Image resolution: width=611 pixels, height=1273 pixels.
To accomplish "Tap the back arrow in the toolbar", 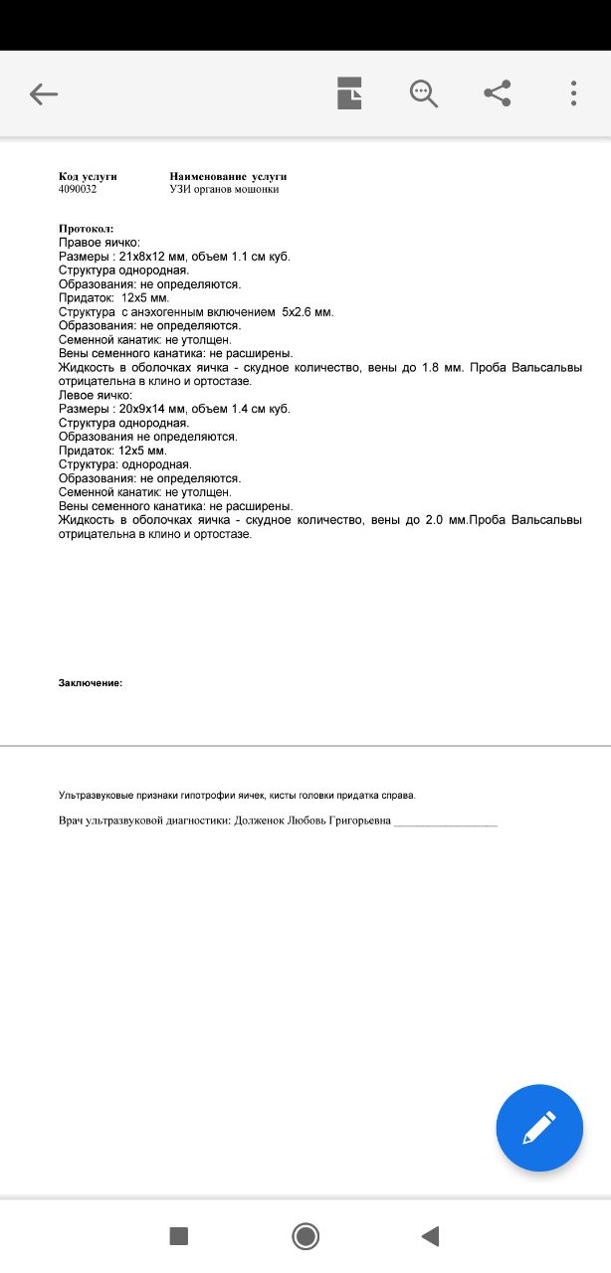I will click(44, 94).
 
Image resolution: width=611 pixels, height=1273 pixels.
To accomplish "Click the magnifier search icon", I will click(424, 93).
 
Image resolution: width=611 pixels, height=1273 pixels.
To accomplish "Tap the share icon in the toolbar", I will click(498, 93).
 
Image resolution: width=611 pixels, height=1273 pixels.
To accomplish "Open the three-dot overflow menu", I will click(574, 93).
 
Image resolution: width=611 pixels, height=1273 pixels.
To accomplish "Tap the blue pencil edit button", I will click(538, 1127).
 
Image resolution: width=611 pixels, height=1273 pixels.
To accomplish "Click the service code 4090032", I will click(78, 189).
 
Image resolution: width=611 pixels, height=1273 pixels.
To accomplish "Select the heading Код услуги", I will click(88, 176).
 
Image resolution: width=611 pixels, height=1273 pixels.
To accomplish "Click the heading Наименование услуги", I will click(228, 176).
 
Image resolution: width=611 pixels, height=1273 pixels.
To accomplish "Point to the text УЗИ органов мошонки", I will click(224, 189).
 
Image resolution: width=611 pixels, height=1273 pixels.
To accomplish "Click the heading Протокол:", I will click(86, 229).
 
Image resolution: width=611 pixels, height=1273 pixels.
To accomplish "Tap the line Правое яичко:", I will click(100, 243).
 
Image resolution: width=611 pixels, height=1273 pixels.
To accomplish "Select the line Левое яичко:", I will click(97, 395).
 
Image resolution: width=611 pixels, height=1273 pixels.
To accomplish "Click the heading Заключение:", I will click(91, 683).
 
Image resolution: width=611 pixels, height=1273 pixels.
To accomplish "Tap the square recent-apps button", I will click(179, 1236).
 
